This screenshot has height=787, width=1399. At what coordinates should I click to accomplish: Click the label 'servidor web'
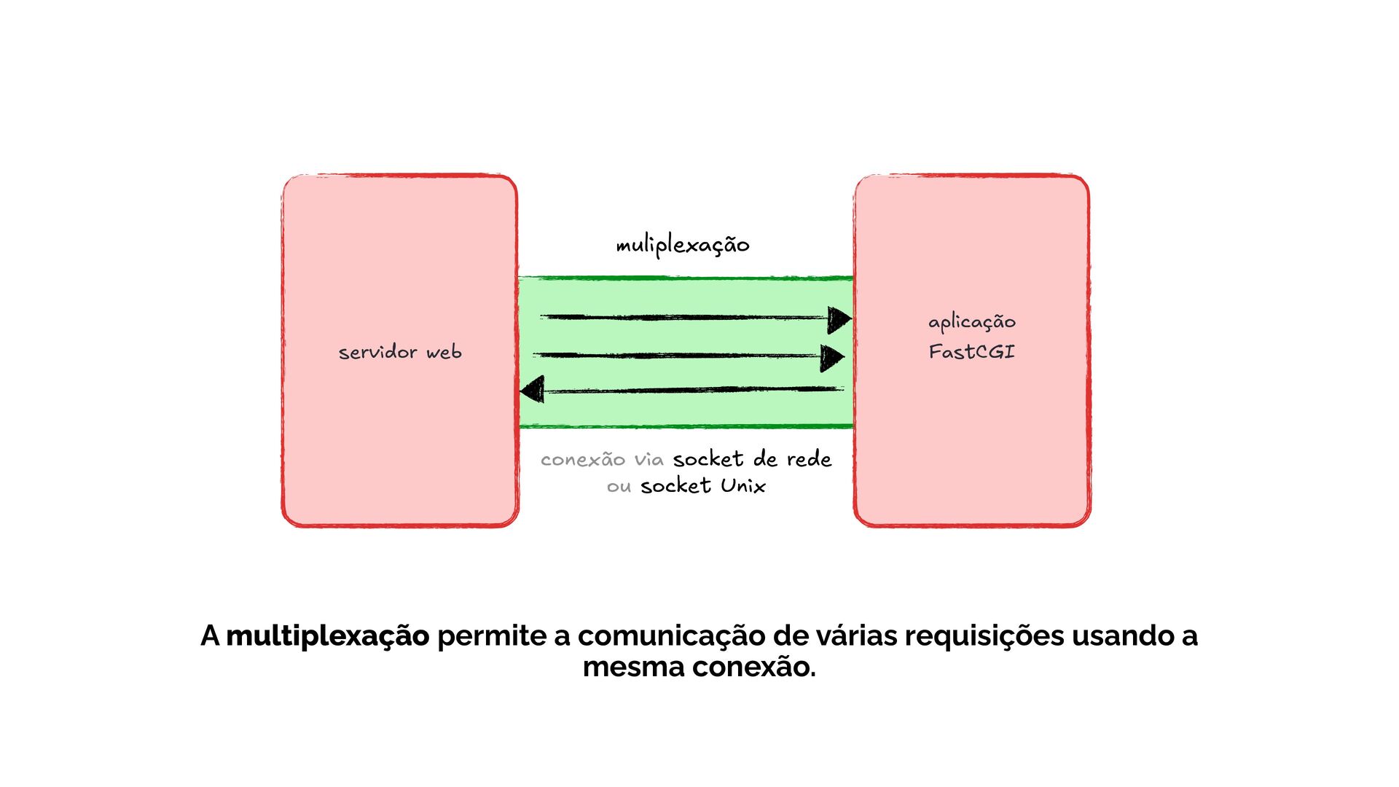(400, 353)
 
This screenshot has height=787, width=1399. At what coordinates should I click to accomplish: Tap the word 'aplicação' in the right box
(971, 322)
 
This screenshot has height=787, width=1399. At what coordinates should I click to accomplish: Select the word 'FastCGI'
(971, 352)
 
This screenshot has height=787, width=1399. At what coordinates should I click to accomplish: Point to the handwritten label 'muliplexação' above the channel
(683, 245)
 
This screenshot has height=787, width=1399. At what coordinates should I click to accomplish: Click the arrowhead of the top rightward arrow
(839, 319)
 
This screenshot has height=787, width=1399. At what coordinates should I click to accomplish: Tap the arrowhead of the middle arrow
(832, 357)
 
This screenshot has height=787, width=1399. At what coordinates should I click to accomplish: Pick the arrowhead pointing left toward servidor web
(533, 390)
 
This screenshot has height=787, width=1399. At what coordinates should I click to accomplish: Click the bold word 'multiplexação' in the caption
(328, 636)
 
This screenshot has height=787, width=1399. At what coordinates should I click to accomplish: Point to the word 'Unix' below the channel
(743, 486)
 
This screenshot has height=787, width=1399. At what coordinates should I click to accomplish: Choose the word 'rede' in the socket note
(809, 459)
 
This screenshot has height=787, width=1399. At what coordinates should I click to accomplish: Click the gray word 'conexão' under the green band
(583, 460)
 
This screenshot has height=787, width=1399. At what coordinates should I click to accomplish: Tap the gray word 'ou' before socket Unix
(619, 486)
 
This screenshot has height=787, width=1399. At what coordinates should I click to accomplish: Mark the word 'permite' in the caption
(492, 636)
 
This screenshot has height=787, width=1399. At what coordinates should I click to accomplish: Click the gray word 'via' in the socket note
(648, 460)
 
